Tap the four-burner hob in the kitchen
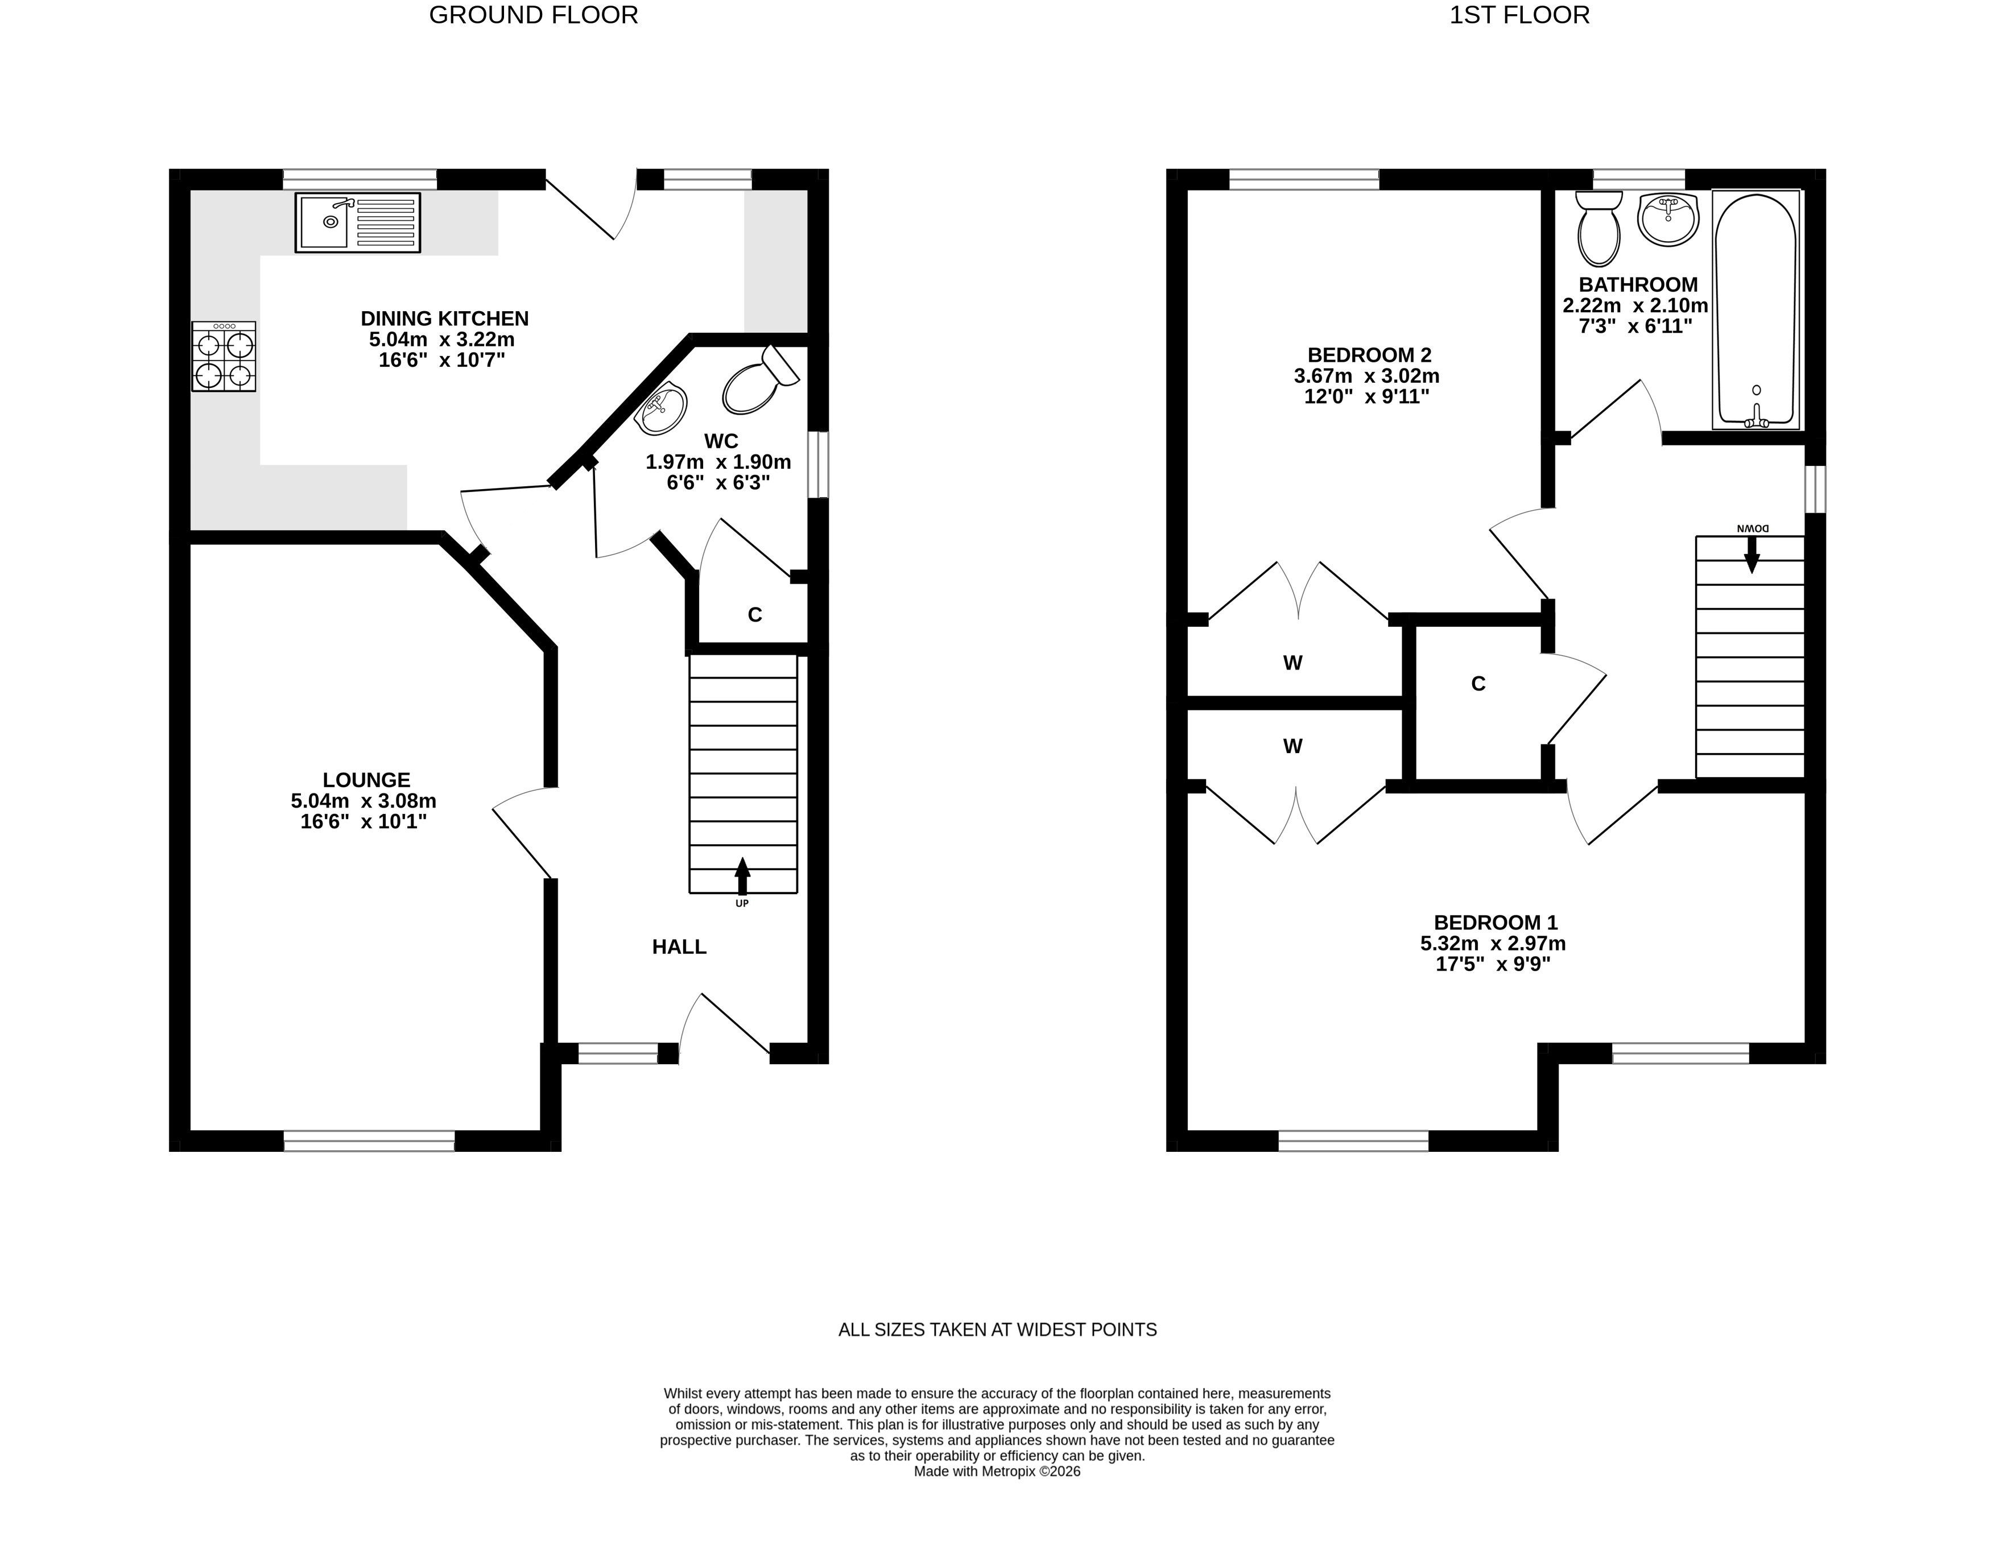224,356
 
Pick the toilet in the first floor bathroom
1599,229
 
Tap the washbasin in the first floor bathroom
1668,218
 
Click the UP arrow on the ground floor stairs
742,876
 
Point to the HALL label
679,947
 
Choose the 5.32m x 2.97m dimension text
1493,943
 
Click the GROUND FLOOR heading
534,15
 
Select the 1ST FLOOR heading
1519,15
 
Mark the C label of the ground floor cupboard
754,615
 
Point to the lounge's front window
369,1140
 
